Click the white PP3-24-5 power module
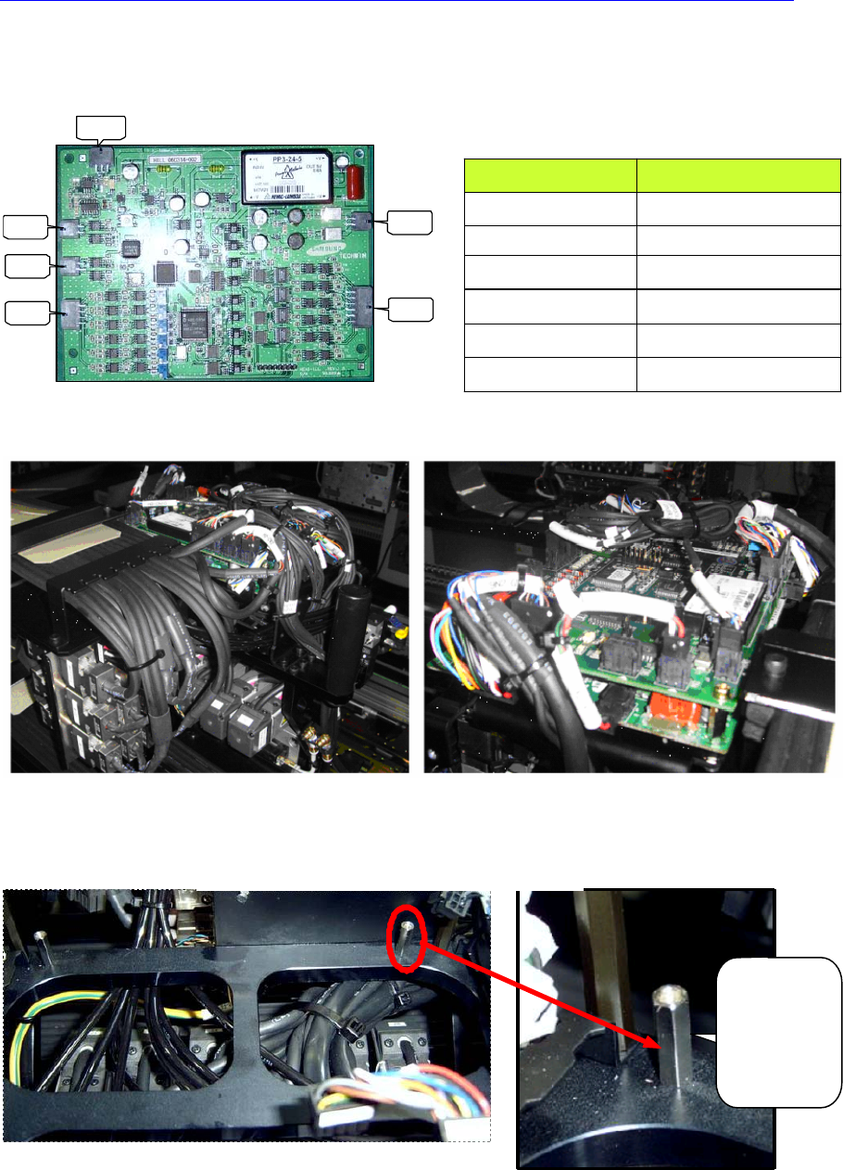pos(286,177)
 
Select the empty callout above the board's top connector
pos(100,129)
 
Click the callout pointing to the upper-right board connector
pos(409,221)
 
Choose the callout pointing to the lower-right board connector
pos(409,309)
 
